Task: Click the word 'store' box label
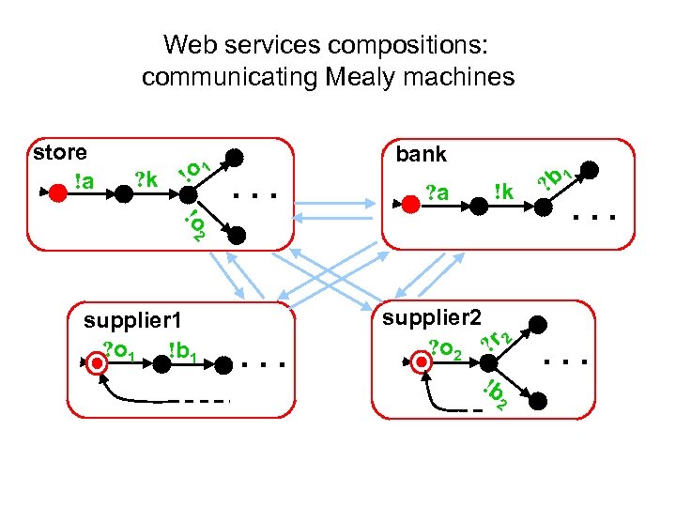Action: [x=59, y=153]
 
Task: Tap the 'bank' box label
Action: [x=422, y=154]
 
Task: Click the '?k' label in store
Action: [x=146, y=177]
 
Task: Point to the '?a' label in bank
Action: [x=438, y=192]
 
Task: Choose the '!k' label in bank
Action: [x=505, y=192]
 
